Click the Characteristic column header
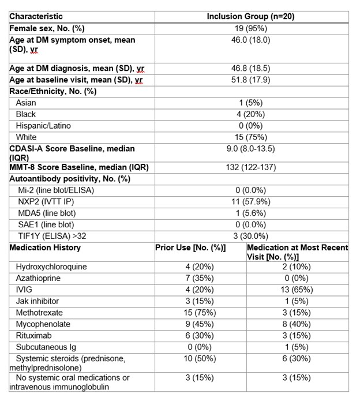click(x=36, y=16)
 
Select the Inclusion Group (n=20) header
click(x=250, y=16)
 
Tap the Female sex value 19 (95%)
click(x=250, y=28)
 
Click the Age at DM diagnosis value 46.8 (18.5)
click(x=250, y=68)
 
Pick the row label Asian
click(x=26, y=103)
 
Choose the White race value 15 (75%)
click(x=250, y=137)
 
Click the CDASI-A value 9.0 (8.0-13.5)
click(x=250, y=149)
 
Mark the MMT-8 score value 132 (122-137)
click(x=250, y=167)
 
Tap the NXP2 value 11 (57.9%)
click(x=250, y=201)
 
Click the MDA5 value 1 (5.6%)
click(x=250, y=213)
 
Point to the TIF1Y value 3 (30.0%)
click(x=250, y=236)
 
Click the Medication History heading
click(x=45, y=247)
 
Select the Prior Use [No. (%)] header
click(x=190, y=247)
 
